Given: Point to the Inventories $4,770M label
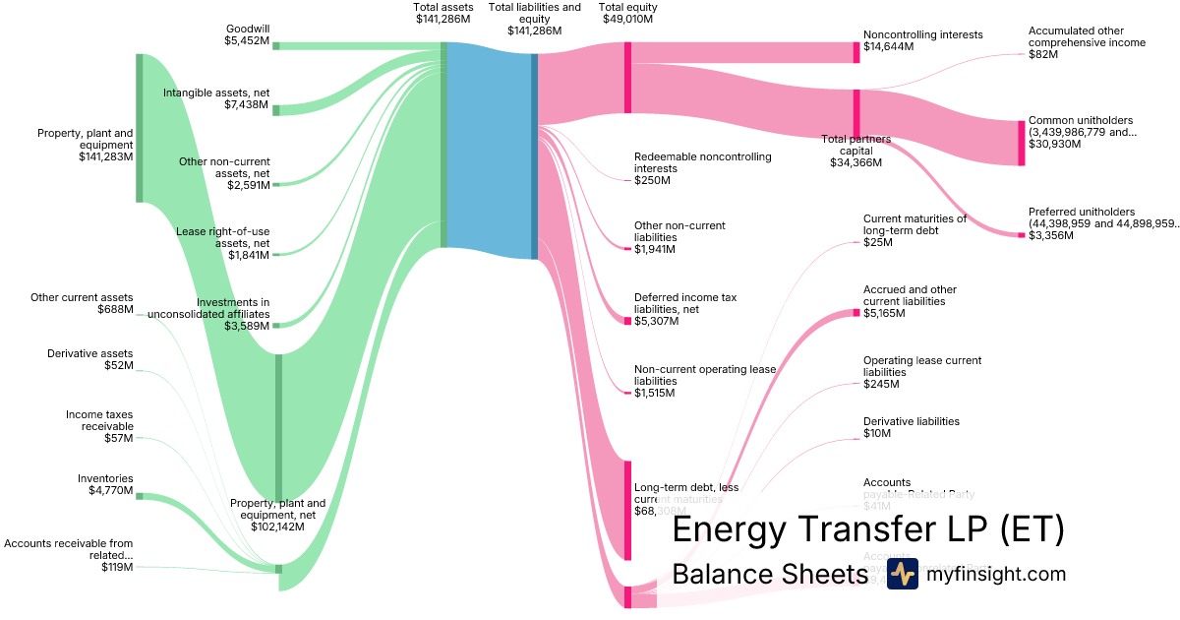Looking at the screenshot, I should tap(105, 484).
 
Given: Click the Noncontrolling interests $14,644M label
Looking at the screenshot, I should tap(922, 40).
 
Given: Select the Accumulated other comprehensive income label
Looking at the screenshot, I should tap(1087, 42).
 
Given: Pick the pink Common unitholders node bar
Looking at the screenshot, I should tap(1021, 143).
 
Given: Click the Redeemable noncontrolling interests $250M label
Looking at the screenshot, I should tap(702, 168).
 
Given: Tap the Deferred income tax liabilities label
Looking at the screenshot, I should tap(685, 308).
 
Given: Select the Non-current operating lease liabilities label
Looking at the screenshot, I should tap(704, 381).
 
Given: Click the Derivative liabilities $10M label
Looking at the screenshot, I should tap(911, 427).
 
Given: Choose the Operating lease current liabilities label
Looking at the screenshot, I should tap(921, 372).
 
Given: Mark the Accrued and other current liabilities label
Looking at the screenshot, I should tap(910, 301).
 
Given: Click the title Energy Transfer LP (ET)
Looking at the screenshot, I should tap(867, 530).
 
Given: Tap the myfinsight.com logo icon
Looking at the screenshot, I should tap(902, 574).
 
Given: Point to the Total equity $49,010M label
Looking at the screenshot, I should tap(629, 13).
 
